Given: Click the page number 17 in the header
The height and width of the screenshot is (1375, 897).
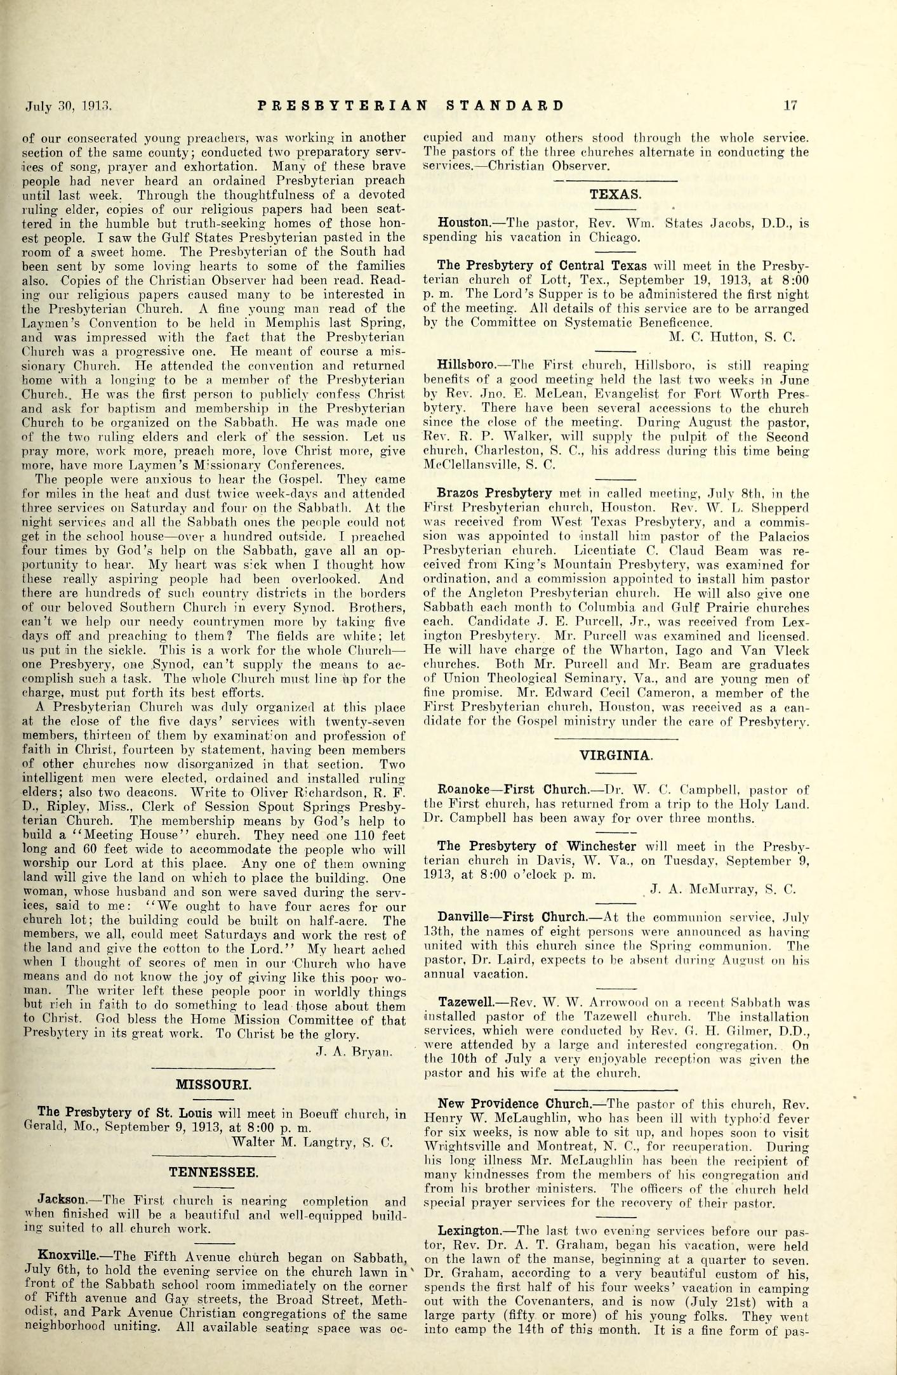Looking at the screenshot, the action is tap(790, 106).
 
